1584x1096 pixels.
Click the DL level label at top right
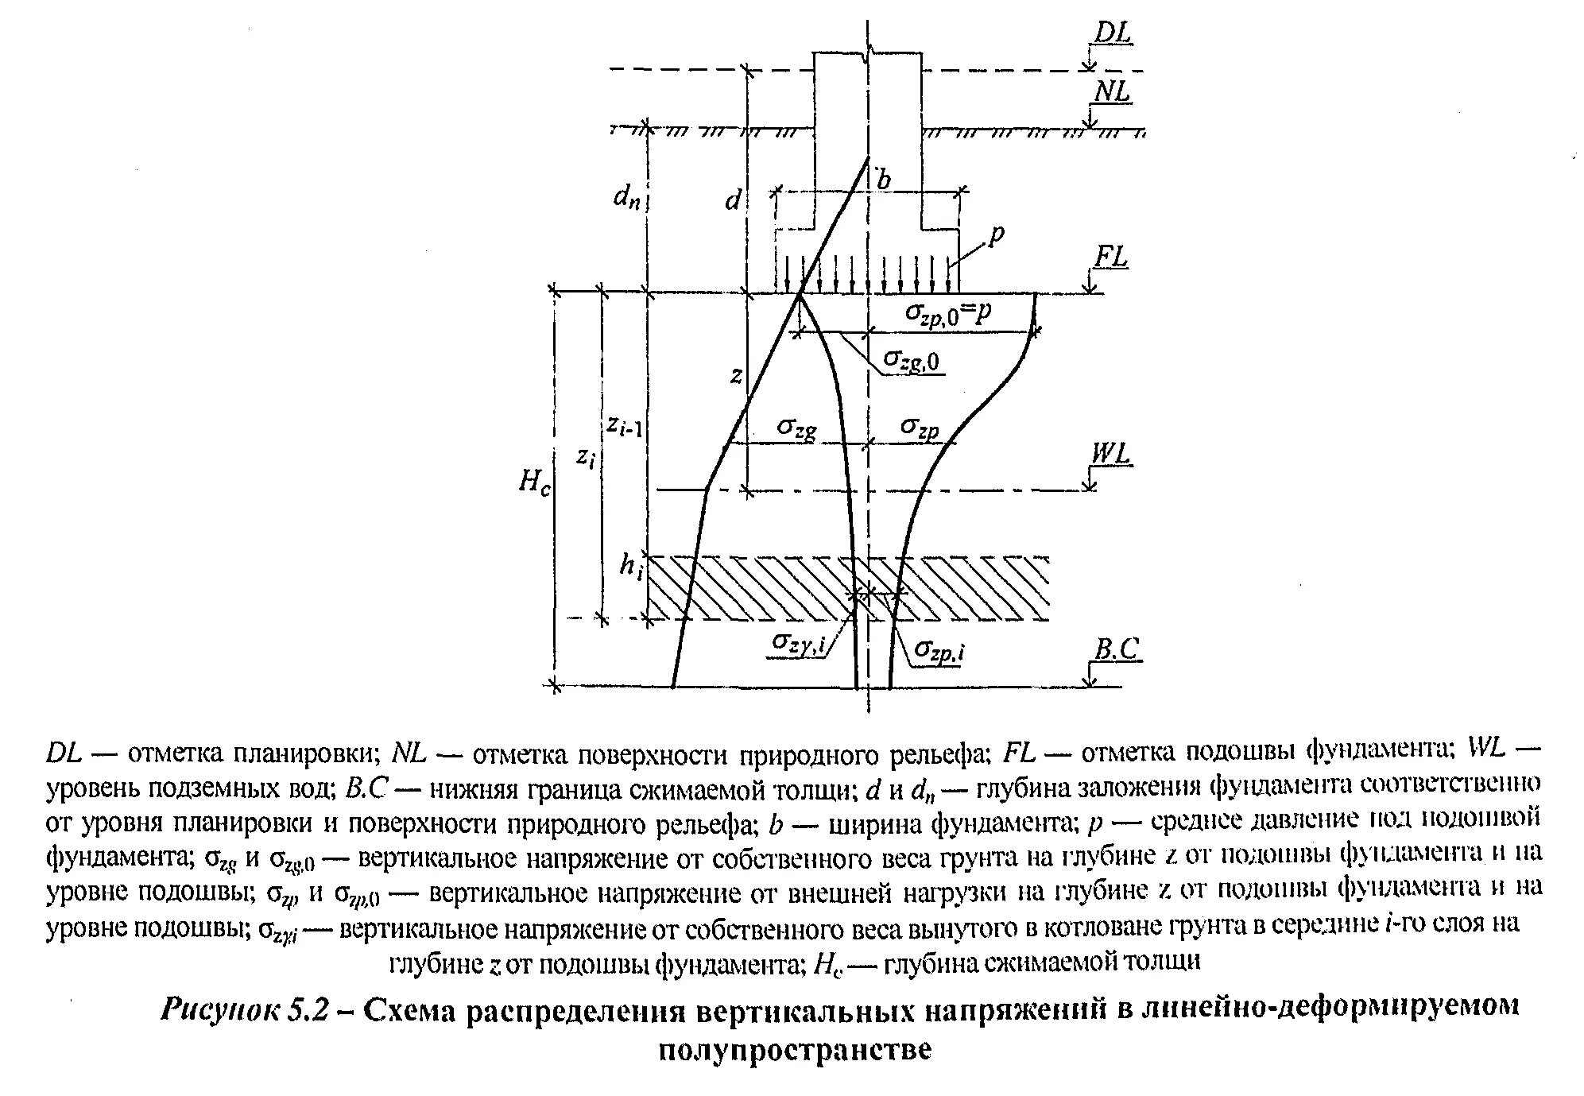[x=1113, y=33]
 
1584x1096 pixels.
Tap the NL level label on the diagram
[x=1112, y=92]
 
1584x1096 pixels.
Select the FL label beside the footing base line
[x=1111, y=258]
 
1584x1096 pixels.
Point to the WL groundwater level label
[x=1110, y=454]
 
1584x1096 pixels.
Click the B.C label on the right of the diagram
[x=1116, y=649]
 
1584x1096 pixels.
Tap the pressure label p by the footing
[x=997, y=234]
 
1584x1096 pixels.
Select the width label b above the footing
[x=882, y=180]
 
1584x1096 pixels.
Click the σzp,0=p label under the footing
[x=948, y=312]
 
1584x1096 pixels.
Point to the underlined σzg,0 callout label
[x=912, y=362]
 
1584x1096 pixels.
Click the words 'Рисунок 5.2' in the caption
[x=246, y=1009]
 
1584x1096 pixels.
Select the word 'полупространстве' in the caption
[x=794, y=1050]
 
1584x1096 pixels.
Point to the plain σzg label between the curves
[x=796, y=429]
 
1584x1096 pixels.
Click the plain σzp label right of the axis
[x=920, y=428]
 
